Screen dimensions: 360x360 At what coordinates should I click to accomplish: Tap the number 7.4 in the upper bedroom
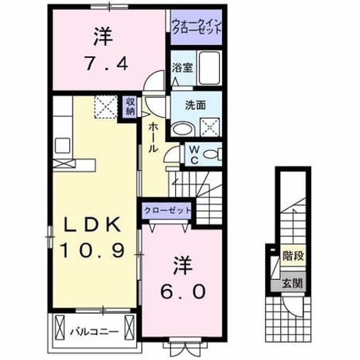(x=106, y=63)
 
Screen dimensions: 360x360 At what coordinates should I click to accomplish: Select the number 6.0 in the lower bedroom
(x=182, y=291)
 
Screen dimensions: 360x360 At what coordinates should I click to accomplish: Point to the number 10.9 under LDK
(x=92, y=250)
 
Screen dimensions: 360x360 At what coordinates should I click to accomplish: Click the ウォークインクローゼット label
(x=197, y=27)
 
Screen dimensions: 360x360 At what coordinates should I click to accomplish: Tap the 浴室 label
(x=182, y=68)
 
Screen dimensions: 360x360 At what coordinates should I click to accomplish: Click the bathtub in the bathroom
(x=209, y=68)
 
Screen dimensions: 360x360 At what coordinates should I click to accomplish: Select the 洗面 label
(x=195, y=105)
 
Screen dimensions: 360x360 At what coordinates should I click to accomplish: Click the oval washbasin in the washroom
(x=183, y=130)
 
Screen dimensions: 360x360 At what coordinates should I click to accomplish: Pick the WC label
(x=194, y=155)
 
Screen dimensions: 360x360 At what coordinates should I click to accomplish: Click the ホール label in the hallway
(x=153, y=137)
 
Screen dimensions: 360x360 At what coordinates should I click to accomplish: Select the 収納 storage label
(x=130, y=107)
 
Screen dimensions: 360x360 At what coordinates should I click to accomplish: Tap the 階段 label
(x=294, y=255)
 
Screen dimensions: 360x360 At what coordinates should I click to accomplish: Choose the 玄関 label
(x=292, y=283)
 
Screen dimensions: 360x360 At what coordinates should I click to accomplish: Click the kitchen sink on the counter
(x=62, y=145)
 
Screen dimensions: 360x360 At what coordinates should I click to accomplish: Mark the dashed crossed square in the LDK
(x=106, y=107)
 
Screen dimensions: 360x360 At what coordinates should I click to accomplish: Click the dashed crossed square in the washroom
(x=210, y=128)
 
